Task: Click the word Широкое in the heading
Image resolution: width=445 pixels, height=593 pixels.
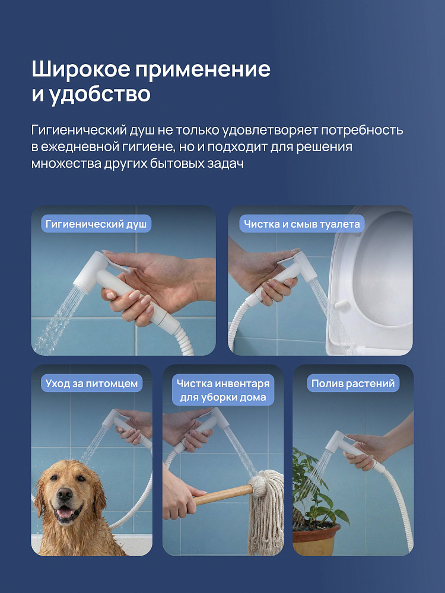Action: point(80,69)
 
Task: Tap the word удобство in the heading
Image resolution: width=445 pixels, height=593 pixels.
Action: point(100,94)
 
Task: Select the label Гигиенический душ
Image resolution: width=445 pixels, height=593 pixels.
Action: point(96,224)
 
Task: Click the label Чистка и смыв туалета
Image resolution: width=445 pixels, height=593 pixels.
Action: point(301,224)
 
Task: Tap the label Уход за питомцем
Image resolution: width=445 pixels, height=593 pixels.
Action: point(91,383)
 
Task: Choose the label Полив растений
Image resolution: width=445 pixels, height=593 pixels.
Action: point(353,383)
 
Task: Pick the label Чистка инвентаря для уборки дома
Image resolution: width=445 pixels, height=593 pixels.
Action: point(223,390)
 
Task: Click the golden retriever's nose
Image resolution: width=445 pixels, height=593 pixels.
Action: point(65,493)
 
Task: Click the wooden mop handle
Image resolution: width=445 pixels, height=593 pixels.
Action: point(223,495)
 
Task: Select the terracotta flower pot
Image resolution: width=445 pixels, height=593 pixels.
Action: point(316,537)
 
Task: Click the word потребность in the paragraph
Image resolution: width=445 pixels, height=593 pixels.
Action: point(362,130)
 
